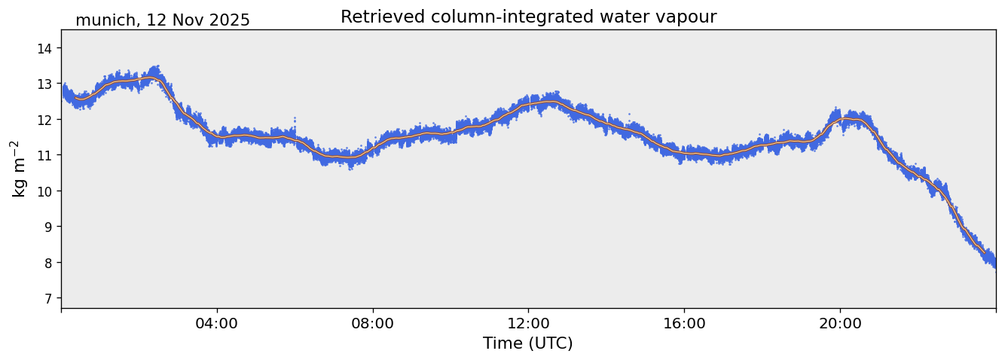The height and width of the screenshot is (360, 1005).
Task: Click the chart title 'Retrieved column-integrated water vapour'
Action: coord(528,17)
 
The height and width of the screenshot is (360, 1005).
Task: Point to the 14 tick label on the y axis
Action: coord(47,48)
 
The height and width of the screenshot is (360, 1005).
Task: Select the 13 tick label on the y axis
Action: coord(47,84)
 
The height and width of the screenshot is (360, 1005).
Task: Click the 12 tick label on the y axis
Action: coord(47,120)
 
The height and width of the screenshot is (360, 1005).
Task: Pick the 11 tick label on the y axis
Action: coord(47,155)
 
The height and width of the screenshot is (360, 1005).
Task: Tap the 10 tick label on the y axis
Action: coord(47,191)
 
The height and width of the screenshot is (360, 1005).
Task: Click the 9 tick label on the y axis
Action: coord(50,227)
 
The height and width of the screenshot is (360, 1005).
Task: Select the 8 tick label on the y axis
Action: coord(50,263)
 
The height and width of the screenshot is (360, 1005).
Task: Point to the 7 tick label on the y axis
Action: coord(50,298)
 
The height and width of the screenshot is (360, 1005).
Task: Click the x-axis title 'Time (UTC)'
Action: coord(528,343)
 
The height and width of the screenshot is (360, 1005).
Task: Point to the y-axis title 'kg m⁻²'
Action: coord(18,169)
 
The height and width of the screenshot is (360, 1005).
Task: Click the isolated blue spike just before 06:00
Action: coord(294,118)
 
